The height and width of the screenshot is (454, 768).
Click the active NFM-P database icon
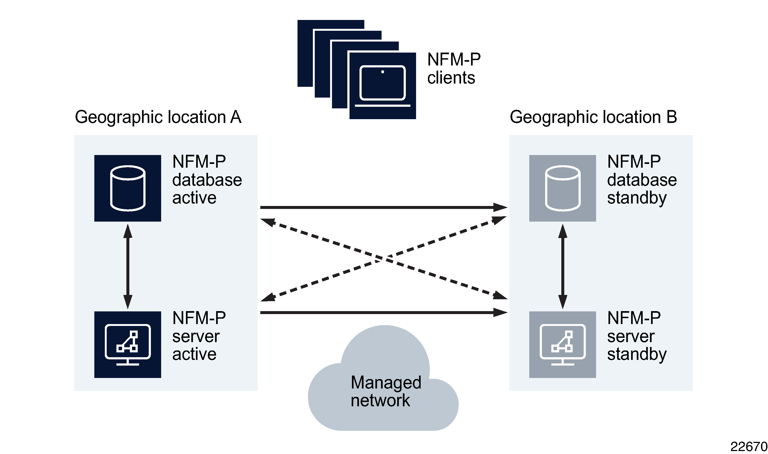127,188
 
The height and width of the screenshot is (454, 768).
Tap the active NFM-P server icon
127,345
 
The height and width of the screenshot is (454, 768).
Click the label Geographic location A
158,117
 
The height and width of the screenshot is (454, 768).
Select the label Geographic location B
593,117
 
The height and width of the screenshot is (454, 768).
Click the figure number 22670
748,447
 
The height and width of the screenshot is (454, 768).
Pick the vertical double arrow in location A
127,266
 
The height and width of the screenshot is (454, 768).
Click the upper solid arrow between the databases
382,207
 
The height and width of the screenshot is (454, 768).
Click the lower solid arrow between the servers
382,313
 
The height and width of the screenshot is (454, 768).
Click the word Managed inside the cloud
386,382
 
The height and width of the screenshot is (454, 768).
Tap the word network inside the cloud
380,400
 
